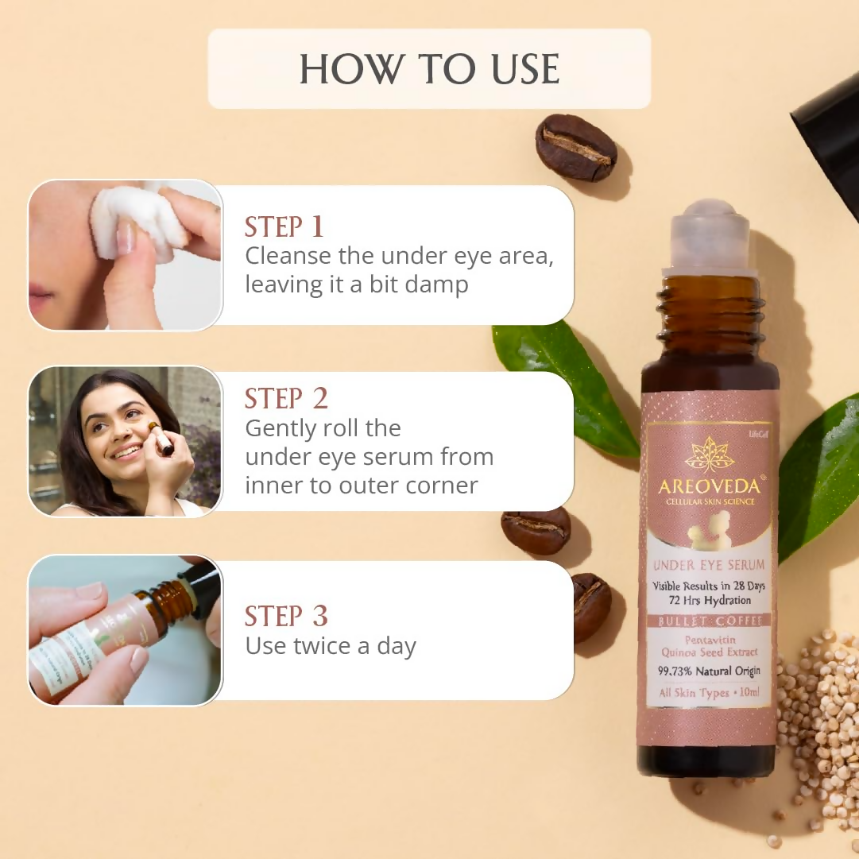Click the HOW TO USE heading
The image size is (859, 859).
pyautogui.click(x=429, y=69)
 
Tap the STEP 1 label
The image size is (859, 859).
pyautogui.click(x=284, y=226)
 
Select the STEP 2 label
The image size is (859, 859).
pyautogui.click(x=286, y=398)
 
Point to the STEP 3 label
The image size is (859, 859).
pyautogui.click(x=286, y=616)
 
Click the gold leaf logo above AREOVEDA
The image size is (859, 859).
pyautogui.click(x=710, y=455)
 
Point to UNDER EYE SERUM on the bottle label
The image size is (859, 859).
pyautogui.click(x=710, y=565)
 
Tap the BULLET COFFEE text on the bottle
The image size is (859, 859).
pyautogui.click(x=710, y=621)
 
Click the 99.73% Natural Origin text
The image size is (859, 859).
pyautogui.click(x=710, y=671)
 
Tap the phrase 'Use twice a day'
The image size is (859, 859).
pyautogui.click(x=331, y=646)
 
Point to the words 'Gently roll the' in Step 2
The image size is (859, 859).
pyautogui.click(x=323, y=428)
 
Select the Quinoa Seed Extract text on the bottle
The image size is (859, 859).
pyautogui.click(x=710, y=652)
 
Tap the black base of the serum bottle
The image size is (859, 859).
pyautogui.click(x=706, y=761)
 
